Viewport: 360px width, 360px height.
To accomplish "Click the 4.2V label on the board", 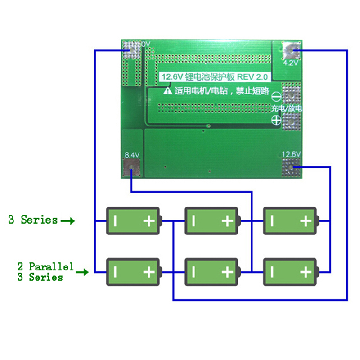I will click(x=291, y=63).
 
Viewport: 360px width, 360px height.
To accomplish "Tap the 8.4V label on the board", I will click(x=132, y=155).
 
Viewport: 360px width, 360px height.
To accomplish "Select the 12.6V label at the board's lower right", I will click(x=291, y=154).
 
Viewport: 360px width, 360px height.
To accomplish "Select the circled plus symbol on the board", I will click(x=276, y=119).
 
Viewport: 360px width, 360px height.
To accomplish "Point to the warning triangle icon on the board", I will click(x=167, y=91).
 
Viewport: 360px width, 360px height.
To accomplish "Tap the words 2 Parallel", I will click(x=45, y=266).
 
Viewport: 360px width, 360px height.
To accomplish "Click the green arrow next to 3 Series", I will click(x=67, y=221).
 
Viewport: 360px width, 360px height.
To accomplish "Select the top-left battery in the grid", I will click(x=133, y=221).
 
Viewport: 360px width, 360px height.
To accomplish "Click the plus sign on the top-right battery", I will click(x=306, y=221).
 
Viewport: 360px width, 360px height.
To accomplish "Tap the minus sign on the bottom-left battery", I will click(x=115, y=272).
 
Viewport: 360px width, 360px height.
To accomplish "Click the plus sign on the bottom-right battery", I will click(x=306, y=272).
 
